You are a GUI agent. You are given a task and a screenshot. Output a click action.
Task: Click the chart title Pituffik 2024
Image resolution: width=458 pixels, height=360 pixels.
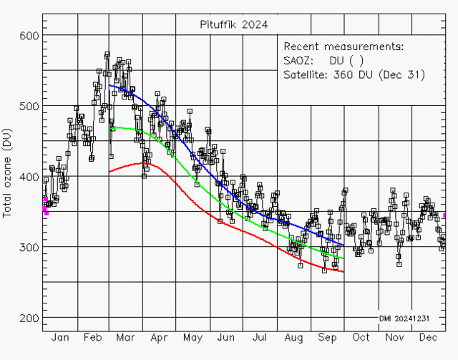234,24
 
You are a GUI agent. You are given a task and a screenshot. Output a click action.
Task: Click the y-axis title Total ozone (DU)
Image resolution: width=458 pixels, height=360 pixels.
8,177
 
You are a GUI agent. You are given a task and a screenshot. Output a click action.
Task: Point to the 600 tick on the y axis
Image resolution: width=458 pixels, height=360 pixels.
28,36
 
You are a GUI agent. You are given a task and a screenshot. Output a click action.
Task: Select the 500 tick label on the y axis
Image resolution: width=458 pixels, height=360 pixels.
28,106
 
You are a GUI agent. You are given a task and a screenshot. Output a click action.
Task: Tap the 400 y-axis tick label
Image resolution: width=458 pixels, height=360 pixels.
28,177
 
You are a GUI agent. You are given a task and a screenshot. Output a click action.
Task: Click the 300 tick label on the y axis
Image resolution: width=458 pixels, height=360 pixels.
28,248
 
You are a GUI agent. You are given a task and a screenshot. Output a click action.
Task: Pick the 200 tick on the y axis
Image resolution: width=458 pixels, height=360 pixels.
28,318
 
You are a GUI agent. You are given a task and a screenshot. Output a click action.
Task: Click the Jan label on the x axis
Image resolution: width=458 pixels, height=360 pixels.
60,337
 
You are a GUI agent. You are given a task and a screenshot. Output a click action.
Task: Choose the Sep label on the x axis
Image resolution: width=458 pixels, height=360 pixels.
328,337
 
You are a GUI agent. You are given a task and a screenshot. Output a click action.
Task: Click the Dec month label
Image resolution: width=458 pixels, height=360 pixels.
429,337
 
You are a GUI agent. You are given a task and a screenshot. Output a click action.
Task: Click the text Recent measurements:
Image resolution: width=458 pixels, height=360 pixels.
343,47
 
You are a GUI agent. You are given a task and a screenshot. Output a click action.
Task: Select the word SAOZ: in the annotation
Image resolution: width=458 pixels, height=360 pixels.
299,61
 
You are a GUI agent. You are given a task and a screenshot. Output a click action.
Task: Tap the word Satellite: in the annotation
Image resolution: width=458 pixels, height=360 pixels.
306,74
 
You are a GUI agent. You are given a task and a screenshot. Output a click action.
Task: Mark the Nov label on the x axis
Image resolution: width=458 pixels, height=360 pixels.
394,337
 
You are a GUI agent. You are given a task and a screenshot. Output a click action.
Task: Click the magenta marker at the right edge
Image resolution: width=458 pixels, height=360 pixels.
444,215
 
